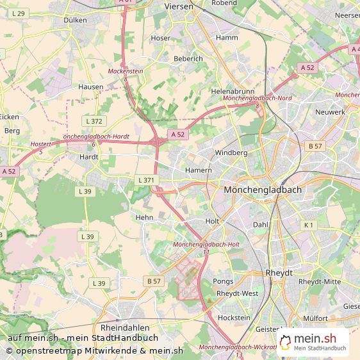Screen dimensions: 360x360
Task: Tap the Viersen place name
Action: point(178,6)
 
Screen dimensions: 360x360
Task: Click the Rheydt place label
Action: point(279,273)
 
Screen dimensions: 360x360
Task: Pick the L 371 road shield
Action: point(146,181)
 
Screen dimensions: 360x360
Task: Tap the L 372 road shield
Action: point(94,121)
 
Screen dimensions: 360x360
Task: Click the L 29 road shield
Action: point(19,13)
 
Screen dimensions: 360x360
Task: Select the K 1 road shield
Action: point(309,225)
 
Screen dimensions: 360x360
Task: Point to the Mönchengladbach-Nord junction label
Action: point(257,98)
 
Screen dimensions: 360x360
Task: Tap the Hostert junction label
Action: point(40,144)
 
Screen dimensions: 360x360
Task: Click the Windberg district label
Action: point(231,153)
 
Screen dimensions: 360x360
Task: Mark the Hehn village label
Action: point(144,218)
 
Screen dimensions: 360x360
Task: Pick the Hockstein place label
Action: point(234,318)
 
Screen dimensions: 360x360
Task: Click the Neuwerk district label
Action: point(330,112)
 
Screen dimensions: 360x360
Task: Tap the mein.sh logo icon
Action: point(286,342)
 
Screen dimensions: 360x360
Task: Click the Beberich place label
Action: point(188,59)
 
